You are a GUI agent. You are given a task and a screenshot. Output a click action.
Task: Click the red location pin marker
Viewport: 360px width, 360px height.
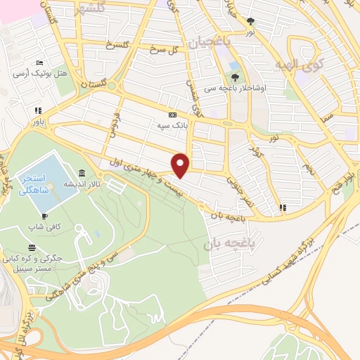coord(181,165)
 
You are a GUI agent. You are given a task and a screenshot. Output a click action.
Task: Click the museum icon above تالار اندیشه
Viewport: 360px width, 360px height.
coord(83,173)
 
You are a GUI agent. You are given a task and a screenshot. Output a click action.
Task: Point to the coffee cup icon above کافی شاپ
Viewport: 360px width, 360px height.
coord(44,217)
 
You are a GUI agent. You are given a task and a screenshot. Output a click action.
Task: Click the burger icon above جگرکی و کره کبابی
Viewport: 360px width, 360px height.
coord(32,247)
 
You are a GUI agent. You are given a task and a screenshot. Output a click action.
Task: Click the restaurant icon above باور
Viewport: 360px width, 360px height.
coord(37,110)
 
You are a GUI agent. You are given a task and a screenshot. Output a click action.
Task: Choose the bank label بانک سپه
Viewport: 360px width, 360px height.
coord(172,124)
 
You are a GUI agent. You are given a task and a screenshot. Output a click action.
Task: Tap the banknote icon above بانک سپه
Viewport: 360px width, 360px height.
coord(172,115)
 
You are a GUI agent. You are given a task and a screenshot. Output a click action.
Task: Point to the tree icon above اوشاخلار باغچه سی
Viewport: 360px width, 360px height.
coord(235,77)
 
